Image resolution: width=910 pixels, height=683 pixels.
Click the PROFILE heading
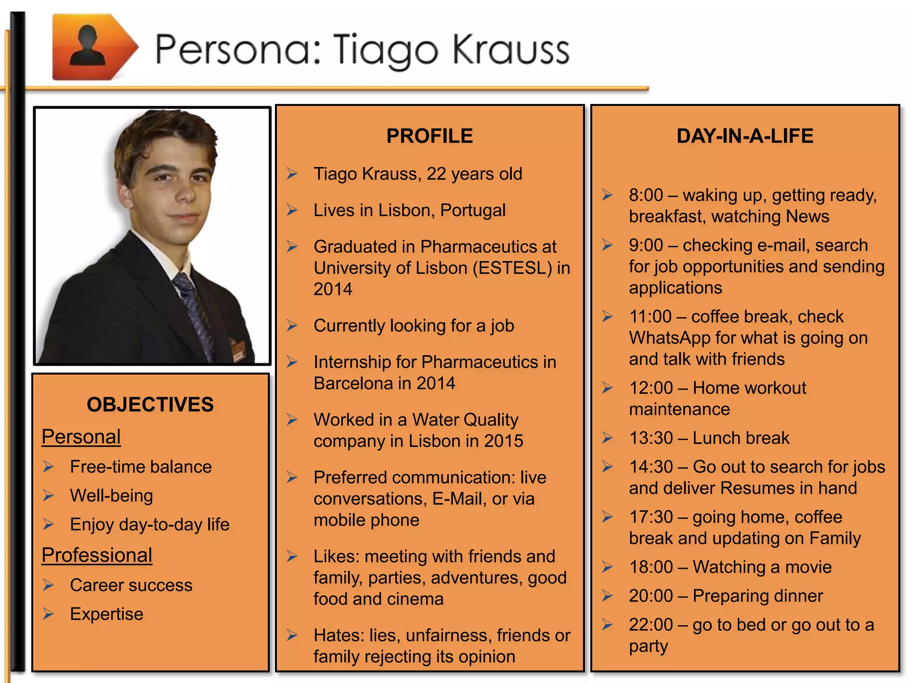pyautogui.click(x=429, y=136)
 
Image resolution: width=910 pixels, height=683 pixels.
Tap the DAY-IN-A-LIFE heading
pyautogui.click(x=745, y=136)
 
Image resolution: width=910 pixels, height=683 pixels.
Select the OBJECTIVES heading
pyautogui.click(x=150, y=405)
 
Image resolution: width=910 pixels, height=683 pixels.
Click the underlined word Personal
pyautogui.click(x=81, y=437)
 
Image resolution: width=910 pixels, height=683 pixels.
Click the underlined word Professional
pyautogui.click(x=97, y=555)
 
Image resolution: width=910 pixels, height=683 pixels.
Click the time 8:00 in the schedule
pyautogui.click(x=646, y=195)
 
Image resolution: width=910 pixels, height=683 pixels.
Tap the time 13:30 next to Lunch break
pyautogui.click(x=651, y=438)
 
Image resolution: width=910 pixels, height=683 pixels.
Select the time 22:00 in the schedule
pyautogui.click(x=651, y=625)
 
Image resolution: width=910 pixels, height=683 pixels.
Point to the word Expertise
pyautogui.click(x=107, y=614)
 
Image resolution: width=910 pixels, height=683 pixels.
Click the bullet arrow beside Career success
pyautogui.click(x=48, y=585)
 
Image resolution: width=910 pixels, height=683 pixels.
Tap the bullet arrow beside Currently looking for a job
pyautogui.click(x=292, y=325)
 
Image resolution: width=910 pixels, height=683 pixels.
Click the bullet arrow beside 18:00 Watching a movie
pyautogui.click(x=607, y=567)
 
